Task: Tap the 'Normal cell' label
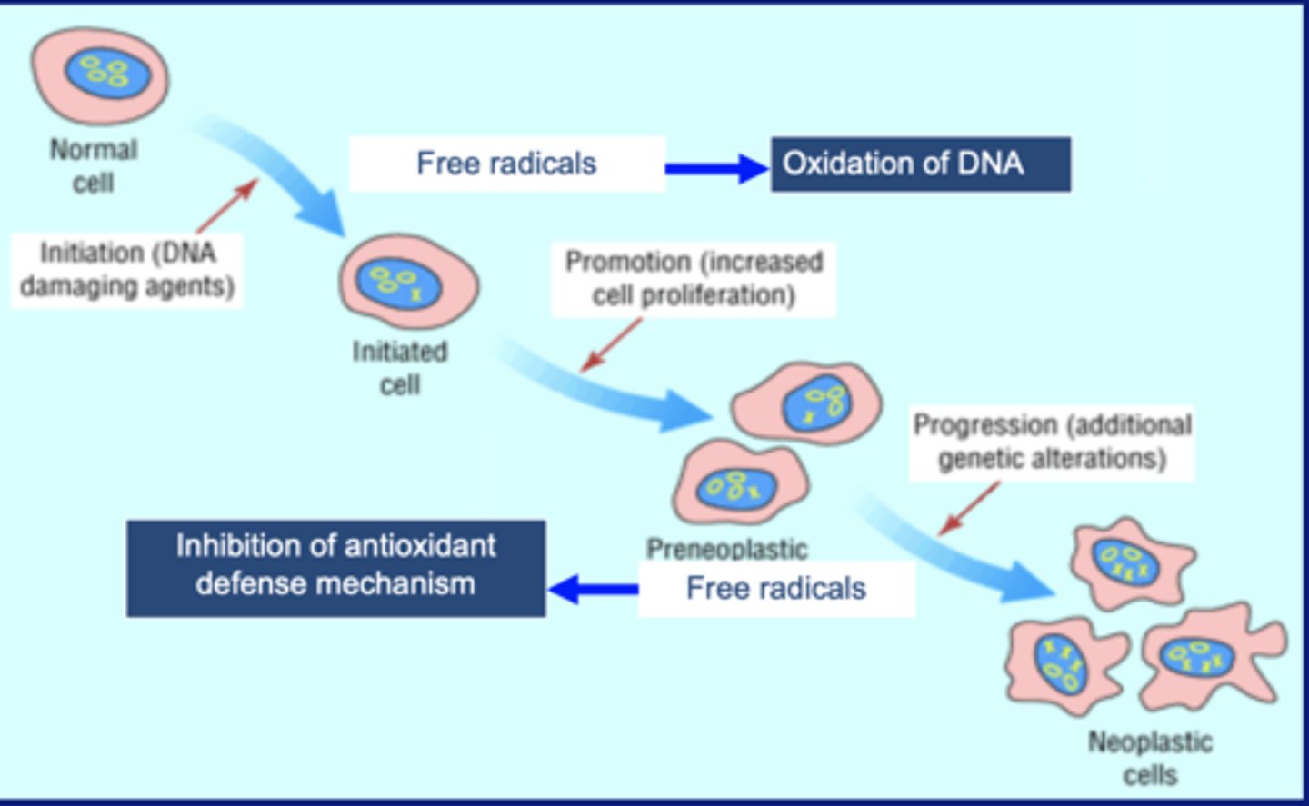(94, 165)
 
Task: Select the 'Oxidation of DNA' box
(920, 164)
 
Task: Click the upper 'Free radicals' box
(507, 164)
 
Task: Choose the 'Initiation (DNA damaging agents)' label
(127, 269)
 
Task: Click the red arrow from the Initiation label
(227, 205)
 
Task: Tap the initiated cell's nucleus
(398, 283)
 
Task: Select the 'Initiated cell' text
(400, 367)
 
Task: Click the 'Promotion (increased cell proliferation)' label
(694, 278)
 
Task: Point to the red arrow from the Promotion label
(611, 345)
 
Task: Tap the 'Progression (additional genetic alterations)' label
(1052, 442)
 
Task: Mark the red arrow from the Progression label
(969, 508)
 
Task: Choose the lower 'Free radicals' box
(776, 588)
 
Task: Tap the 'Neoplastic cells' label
(1150, 758)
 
